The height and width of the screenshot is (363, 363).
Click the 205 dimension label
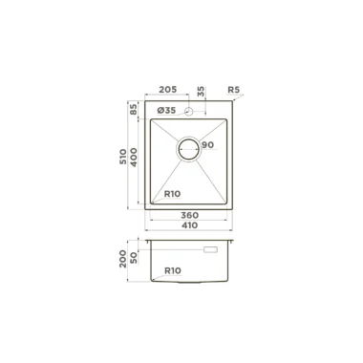167,90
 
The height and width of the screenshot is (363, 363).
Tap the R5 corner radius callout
233,90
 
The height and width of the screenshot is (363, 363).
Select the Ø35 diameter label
166,111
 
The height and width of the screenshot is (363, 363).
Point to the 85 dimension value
134,109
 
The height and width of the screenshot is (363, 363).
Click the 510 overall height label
123,157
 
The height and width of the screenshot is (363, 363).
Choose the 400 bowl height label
134,158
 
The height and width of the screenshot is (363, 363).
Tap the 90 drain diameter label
207,145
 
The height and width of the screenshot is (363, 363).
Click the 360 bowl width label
190,215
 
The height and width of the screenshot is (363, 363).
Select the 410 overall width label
189,225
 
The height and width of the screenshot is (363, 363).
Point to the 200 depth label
123,259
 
